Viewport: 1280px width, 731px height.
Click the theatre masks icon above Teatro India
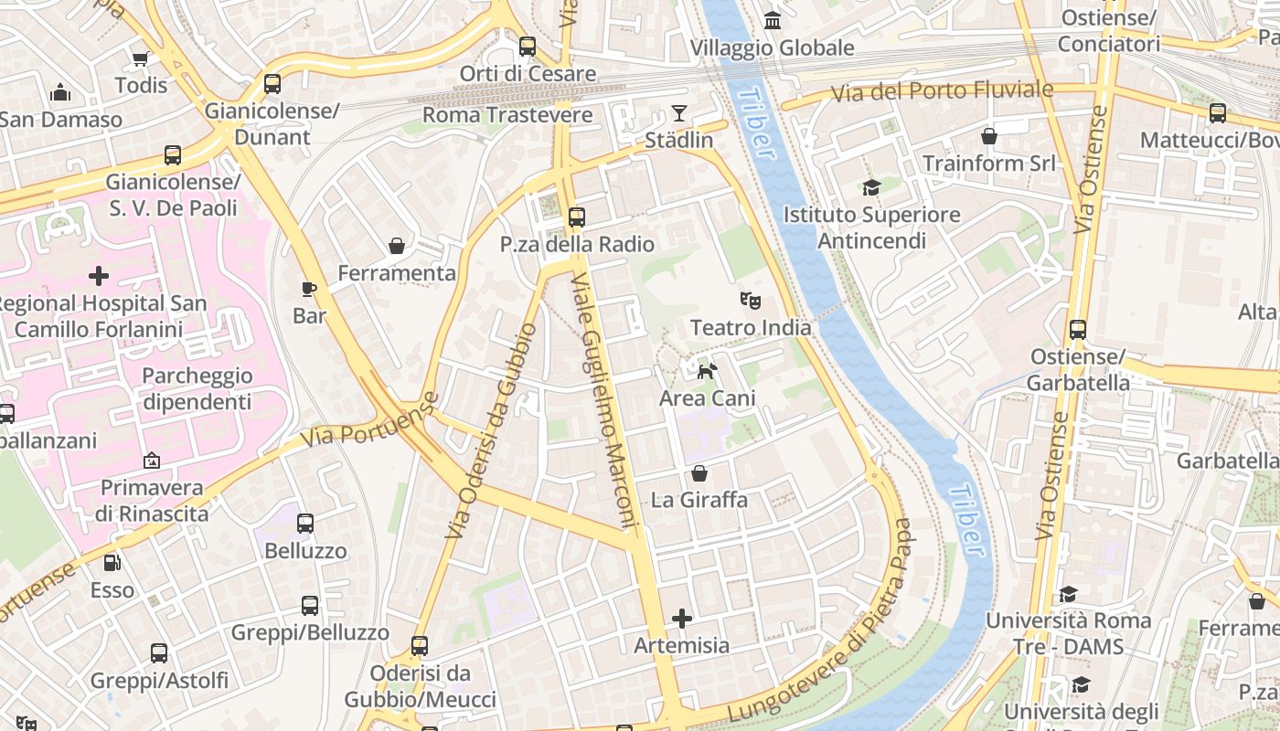click(x=750, y=300)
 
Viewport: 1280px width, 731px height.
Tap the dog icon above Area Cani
click(x=707, y=371)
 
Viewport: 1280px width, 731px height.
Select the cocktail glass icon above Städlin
click(x=678, y=113)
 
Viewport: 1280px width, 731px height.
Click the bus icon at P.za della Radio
click(x=576, y=217)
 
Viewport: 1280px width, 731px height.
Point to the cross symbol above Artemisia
click(x=682, y=619)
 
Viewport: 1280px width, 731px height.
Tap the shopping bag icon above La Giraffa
click(x=699, y=473)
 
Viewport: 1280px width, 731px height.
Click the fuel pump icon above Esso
click(x=112, y=564)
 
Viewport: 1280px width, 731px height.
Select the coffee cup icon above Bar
click(x=309, y=290)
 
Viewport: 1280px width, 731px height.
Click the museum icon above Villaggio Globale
click(x=773, y=20)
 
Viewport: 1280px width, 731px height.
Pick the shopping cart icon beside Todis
click(x=140, y=59)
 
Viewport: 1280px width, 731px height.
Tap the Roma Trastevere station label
click(x=507, y=115)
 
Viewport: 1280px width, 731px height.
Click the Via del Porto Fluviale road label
click(x=942, y=91)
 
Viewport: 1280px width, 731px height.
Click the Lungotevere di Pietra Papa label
click(x=823, y=621)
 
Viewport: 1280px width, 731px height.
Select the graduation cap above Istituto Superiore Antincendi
click(x=871, y=187)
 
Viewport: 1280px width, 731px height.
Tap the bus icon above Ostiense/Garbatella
click(x=1078, y=330)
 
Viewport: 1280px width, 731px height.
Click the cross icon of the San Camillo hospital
click(x=99, y=275)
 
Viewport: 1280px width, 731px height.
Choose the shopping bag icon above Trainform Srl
click(x=988, y=137)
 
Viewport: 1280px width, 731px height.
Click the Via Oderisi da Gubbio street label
click(x=489, y=429)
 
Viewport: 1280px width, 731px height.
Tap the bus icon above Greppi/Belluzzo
click(x=310, y=605)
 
